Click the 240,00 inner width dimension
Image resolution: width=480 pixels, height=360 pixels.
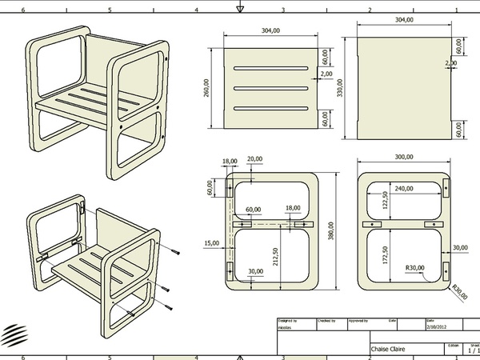[403, 188]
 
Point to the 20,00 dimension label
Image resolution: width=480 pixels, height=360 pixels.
[254, 158]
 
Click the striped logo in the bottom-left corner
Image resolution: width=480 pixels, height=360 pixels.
[13, 333]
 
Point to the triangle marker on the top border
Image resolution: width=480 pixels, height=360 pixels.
[239, 9]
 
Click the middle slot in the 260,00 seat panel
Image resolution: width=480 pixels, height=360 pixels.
[270, 88]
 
